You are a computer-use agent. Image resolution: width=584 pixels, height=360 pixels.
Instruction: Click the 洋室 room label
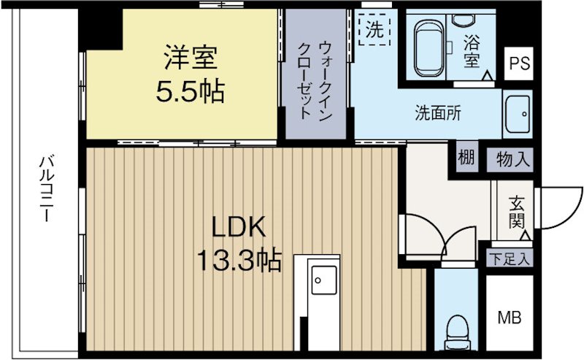coord(189,56)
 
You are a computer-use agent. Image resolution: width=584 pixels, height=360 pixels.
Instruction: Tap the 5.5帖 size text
coord(189,91)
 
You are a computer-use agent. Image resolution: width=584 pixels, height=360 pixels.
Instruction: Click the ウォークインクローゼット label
coord(307,80)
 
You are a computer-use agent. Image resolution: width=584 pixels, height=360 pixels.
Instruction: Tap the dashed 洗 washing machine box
coord(374,31)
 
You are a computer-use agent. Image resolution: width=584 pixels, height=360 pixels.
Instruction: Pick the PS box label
coord(519,62)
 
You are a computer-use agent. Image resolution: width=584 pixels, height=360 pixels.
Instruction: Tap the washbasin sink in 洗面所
coord(519,113)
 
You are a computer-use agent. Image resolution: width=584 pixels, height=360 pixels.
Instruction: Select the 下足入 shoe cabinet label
coord(510,257)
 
